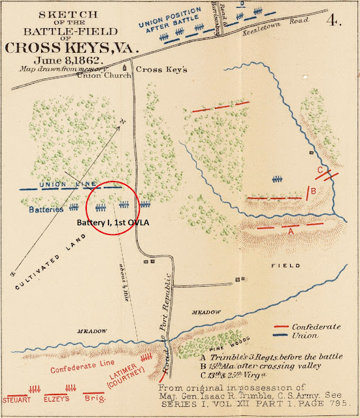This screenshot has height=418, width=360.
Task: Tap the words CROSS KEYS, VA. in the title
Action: pos(70,47)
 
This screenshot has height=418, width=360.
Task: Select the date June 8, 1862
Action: pos(71,61)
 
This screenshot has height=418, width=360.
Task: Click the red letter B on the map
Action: pos(314,191)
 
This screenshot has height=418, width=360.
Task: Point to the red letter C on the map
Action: pos(318,171)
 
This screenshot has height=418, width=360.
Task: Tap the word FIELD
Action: pos(287,266)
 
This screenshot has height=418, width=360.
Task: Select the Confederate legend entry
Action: pos(316,325)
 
